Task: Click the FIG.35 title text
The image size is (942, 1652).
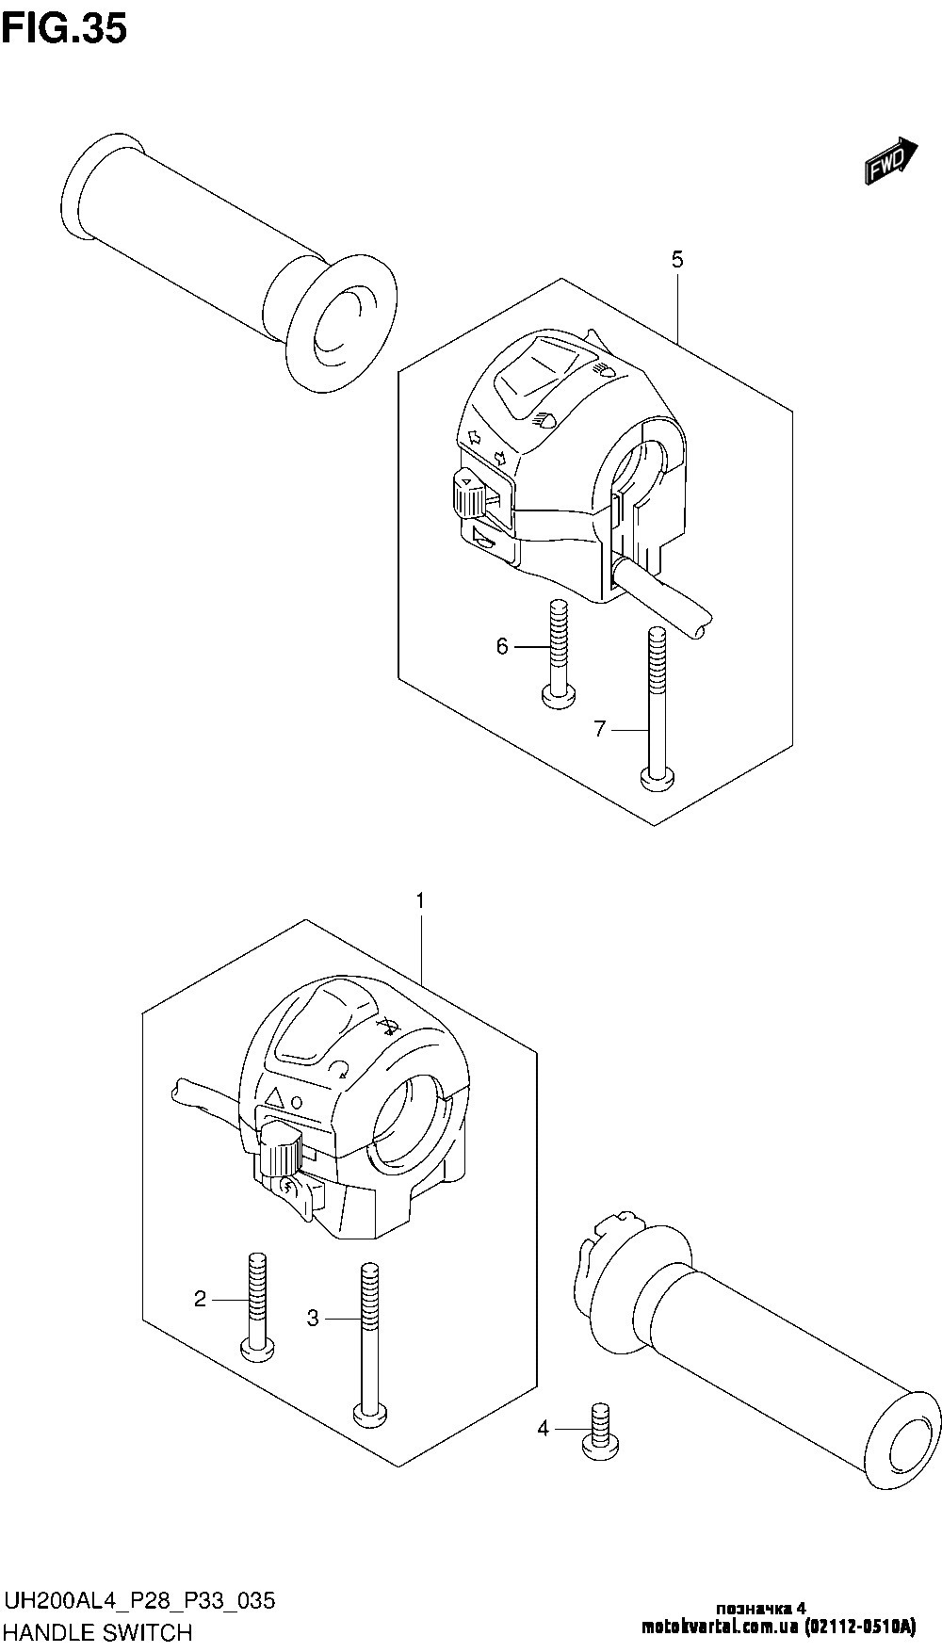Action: click(64, 29)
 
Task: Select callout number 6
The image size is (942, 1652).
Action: click(503, 646)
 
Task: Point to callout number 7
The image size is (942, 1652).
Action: click(601, 729)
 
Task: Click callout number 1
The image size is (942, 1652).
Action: click(420, 901)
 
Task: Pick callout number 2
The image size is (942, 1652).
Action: click(200, 1300)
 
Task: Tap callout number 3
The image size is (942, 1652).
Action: click(314, 1319)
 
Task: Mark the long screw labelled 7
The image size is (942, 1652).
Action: click(657, 706)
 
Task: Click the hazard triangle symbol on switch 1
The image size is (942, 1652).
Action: click(275, 1098)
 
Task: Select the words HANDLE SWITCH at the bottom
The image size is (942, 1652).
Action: click(99, 1632)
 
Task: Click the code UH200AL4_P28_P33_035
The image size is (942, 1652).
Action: click(140, 1600)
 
